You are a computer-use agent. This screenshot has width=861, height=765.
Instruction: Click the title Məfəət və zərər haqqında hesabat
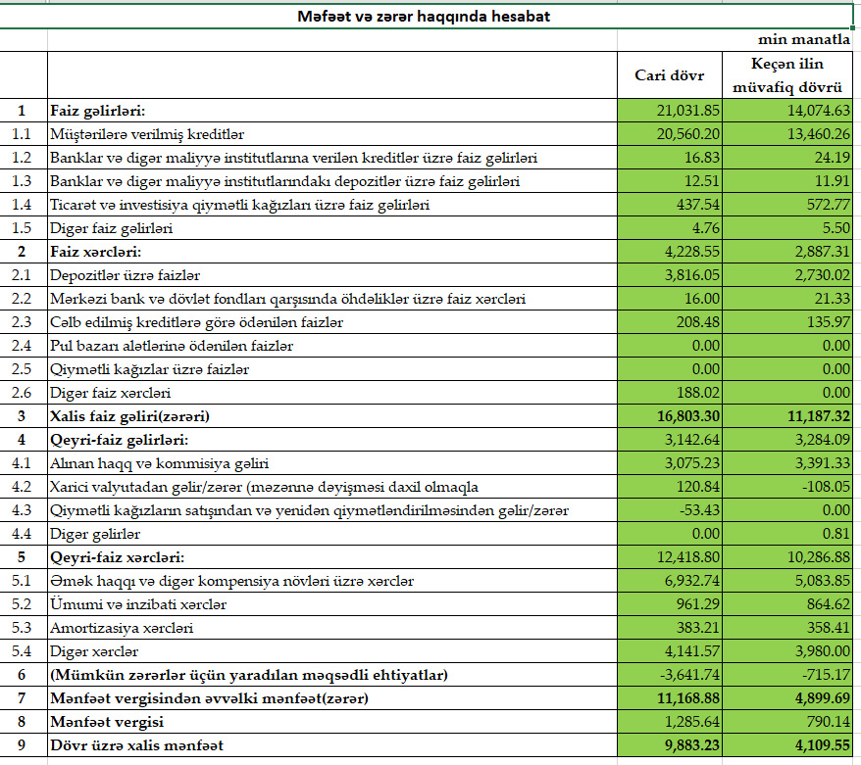424,17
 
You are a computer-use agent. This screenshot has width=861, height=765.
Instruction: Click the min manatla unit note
803,41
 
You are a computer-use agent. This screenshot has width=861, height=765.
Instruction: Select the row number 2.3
23,322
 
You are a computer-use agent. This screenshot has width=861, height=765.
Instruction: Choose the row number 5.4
23,651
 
